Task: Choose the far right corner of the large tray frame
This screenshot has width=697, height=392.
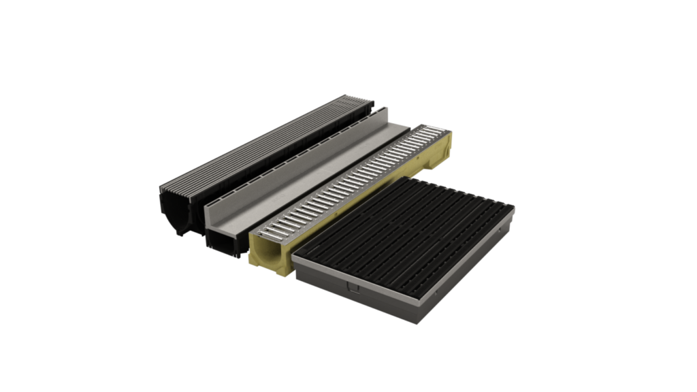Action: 513,207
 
